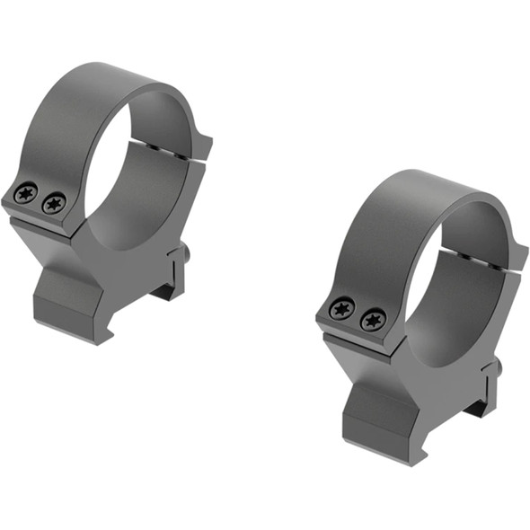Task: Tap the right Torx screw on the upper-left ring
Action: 54,204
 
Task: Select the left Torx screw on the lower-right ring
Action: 342,309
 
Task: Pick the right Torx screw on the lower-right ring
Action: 373,319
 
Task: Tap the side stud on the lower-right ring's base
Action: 497,368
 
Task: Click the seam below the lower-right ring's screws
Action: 355,337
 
